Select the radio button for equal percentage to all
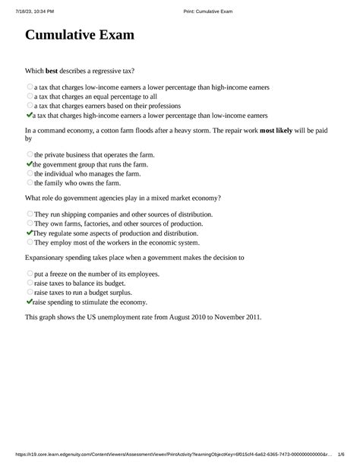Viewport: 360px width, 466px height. (x=30, y=97)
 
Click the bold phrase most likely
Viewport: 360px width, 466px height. (x=278, y=131)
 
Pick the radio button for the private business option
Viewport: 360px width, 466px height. (x=30, y=155)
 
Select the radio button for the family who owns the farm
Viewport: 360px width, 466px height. (x=30, y=182)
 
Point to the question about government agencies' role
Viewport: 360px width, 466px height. (x=124, y=198)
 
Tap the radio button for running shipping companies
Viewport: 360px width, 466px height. (x=30, y=215)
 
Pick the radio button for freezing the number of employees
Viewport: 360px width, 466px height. (x=30, y=274)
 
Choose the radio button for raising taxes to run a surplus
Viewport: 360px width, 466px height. (x=30, y=292)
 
